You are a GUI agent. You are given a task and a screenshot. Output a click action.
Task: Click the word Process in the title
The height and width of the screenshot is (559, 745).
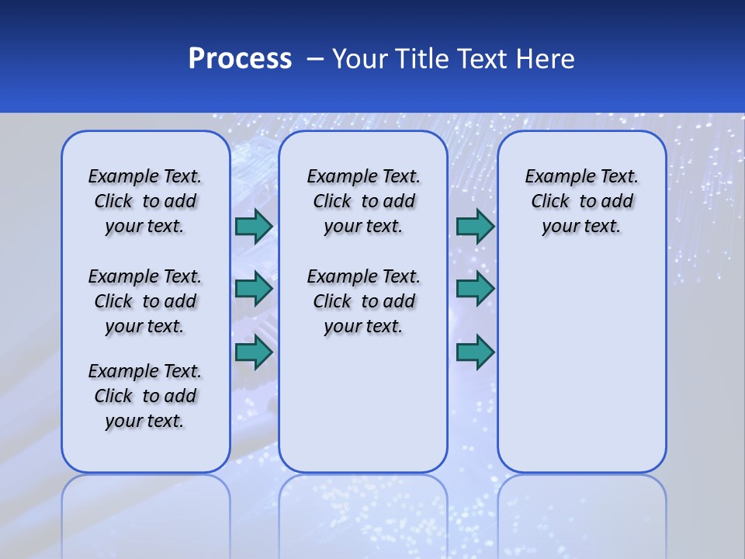240,58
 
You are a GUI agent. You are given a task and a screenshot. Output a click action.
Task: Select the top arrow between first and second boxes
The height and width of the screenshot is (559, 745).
254,226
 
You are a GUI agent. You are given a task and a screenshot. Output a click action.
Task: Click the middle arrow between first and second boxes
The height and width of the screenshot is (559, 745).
254,289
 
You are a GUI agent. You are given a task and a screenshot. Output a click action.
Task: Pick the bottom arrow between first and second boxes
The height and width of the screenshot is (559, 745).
254,352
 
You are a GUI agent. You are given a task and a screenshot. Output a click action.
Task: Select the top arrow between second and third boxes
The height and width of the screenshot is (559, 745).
475,226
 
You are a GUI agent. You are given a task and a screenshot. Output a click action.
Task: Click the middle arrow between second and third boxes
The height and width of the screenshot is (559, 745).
475,289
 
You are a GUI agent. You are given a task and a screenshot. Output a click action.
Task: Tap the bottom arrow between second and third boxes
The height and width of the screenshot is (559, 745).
475,352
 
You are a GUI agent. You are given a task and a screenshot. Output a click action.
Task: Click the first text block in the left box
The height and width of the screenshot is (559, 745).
145,201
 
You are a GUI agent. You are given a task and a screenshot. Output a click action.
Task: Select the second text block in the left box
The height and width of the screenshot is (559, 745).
145,301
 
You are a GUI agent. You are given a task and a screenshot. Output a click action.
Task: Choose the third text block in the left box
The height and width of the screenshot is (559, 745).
145,396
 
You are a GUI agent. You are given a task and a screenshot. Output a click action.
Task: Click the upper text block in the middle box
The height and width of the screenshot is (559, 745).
363,201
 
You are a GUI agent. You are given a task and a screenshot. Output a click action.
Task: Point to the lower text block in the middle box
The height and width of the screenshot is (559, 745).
363,301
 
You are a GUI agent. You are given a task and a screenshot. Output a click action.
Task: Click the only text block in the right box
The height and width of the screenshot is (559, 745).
582,201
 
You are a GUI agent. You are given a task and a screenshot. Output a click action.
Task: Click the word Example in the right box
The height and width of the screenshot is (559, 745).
555,177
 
